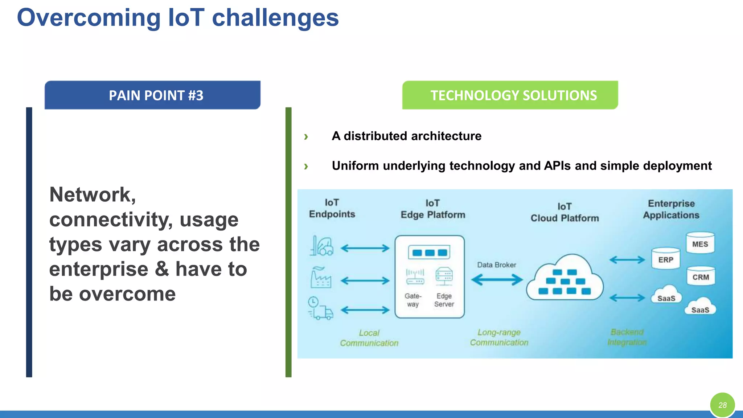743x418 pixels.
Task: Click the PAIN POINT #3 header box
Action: [152, 95]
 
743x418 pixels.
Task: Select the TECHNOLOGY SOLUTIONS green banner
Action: [510, 95]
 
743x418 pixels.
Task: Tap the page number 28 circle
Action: [722, 405]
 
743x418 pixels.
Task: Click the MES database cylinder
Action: [700, 243]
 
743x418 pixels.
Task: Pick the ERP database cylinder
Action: [665, 259]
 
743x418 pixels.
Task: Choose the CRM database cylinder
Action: [700, 276]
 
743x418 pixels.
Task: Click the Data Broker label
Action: [496, 265]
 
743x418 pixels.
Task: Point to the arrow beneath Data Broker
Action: [497, 280]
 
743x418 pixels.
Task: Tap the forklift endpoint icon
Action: [321, 246]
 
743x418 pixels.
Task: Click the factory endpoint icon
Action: [321, 278]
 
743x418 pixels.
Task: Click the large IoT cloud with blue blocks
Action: [565, 279]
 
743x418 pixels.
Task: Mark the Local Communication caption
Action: [369, 338]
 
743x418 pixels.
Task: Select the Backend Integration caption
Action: [627, 337]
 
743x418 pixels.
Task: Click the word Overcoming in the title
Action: [89, 18]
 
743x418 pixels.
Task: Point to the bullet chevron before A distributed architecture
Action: [306, 137]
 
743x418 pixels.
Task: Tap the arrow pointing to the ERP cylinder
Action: [627, 260]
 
